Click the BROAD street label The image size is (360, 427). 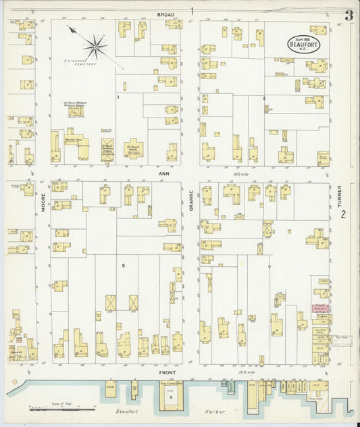[165, 14]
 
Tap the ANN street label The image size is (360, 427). [163, 173]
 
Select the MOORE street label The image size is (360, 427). [42, 204]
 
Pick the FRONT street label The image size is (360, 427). [168, 372]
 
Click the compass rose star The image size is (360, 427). [95, 47]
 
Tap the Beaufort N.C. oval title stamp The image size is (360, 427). [304, 43]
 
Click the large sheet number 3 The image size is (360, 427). [349, 16]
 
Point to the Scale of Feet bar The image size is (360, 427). [62, 409]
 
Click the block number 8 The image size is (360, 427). [123, 266]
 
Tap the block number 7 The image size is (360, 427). [268, 268]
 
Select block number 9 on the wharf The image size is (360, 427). [170, 397]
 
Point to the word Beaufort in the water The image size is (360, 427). [119, 410]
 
